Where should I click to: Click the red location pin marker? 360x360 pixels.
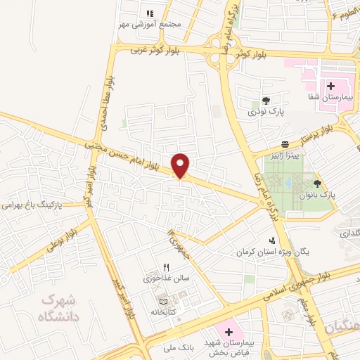(x=181, y=165)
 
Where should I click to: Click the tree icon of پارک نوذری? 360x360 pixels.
(x=265, y=101)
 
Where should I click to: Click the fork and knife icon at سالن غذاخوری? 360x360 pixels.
(x=167, y=267)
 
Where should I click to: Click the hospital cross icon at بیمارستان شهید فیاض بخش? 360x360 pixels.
(x=228, y=330)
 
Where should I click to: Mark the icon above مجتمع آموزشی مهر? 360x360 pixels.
(x=150, y=13)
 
